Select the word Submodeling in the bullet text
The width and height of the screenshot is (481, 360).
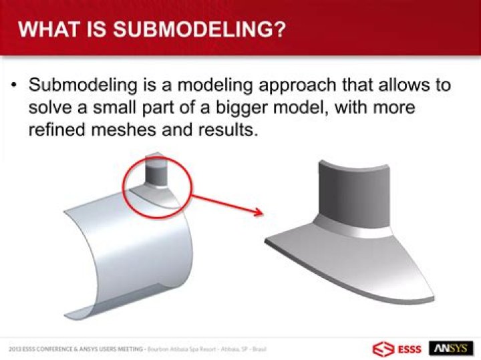point(79,86)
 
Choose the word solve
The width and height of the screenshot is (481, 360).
point(51,108)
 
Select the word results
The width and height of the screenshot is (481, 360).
point(231,129)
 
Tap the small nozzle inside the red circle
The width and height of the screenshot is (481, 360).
point(158,176)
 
